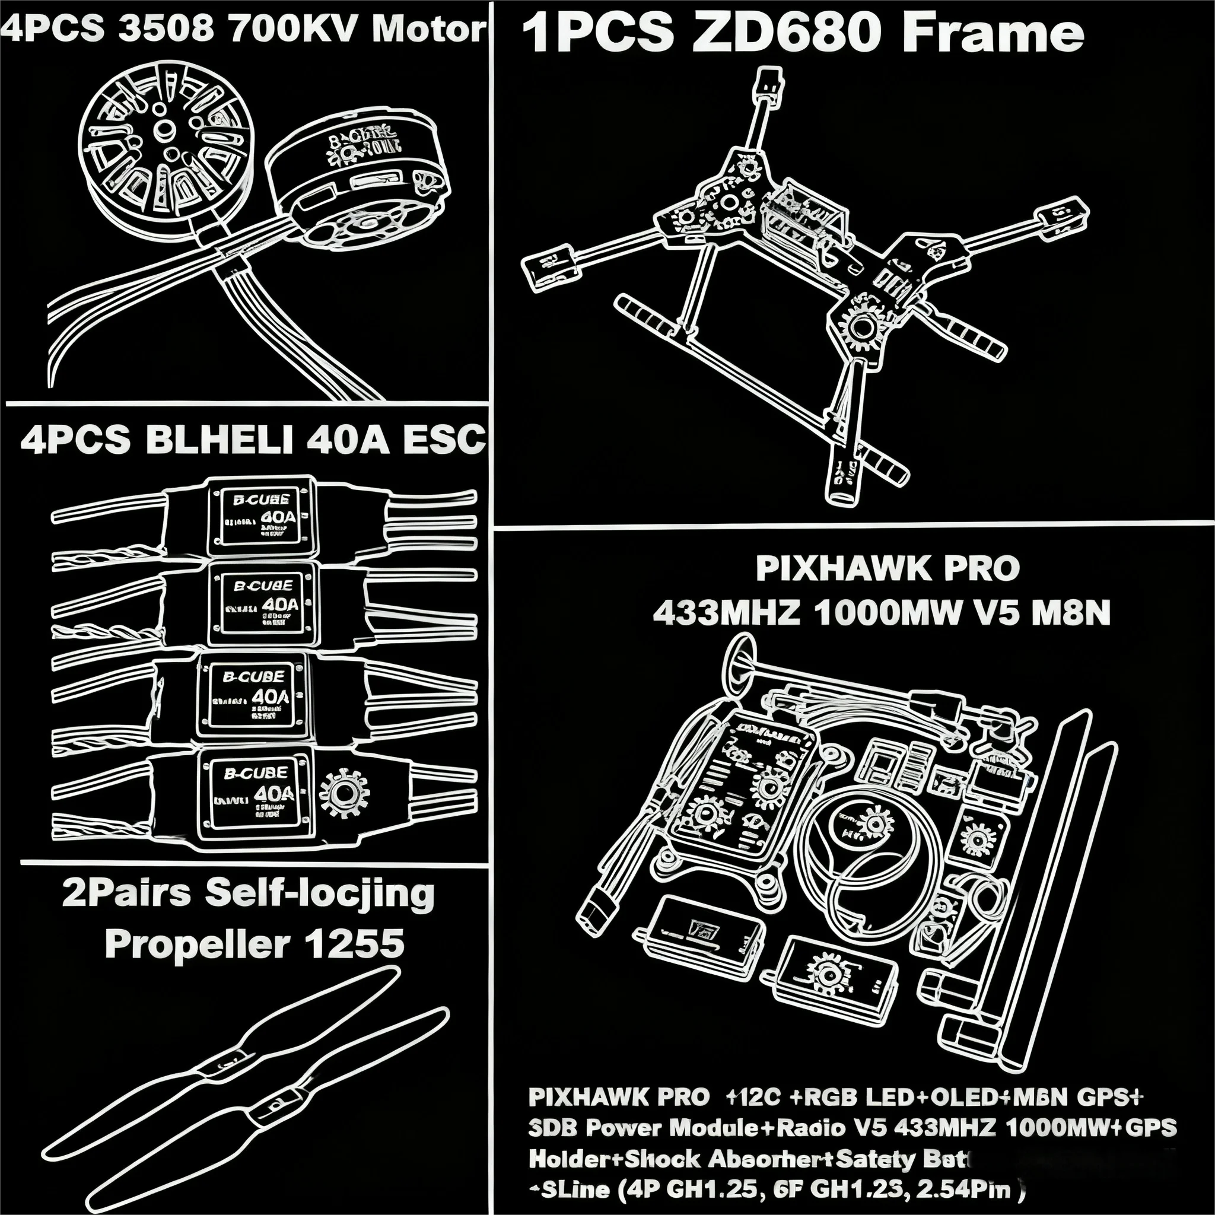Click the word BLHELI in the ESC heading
219,439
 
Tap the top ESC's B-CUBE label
261,500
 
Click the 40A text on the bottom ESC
274,794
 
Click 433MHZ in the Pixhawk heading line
726,612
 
